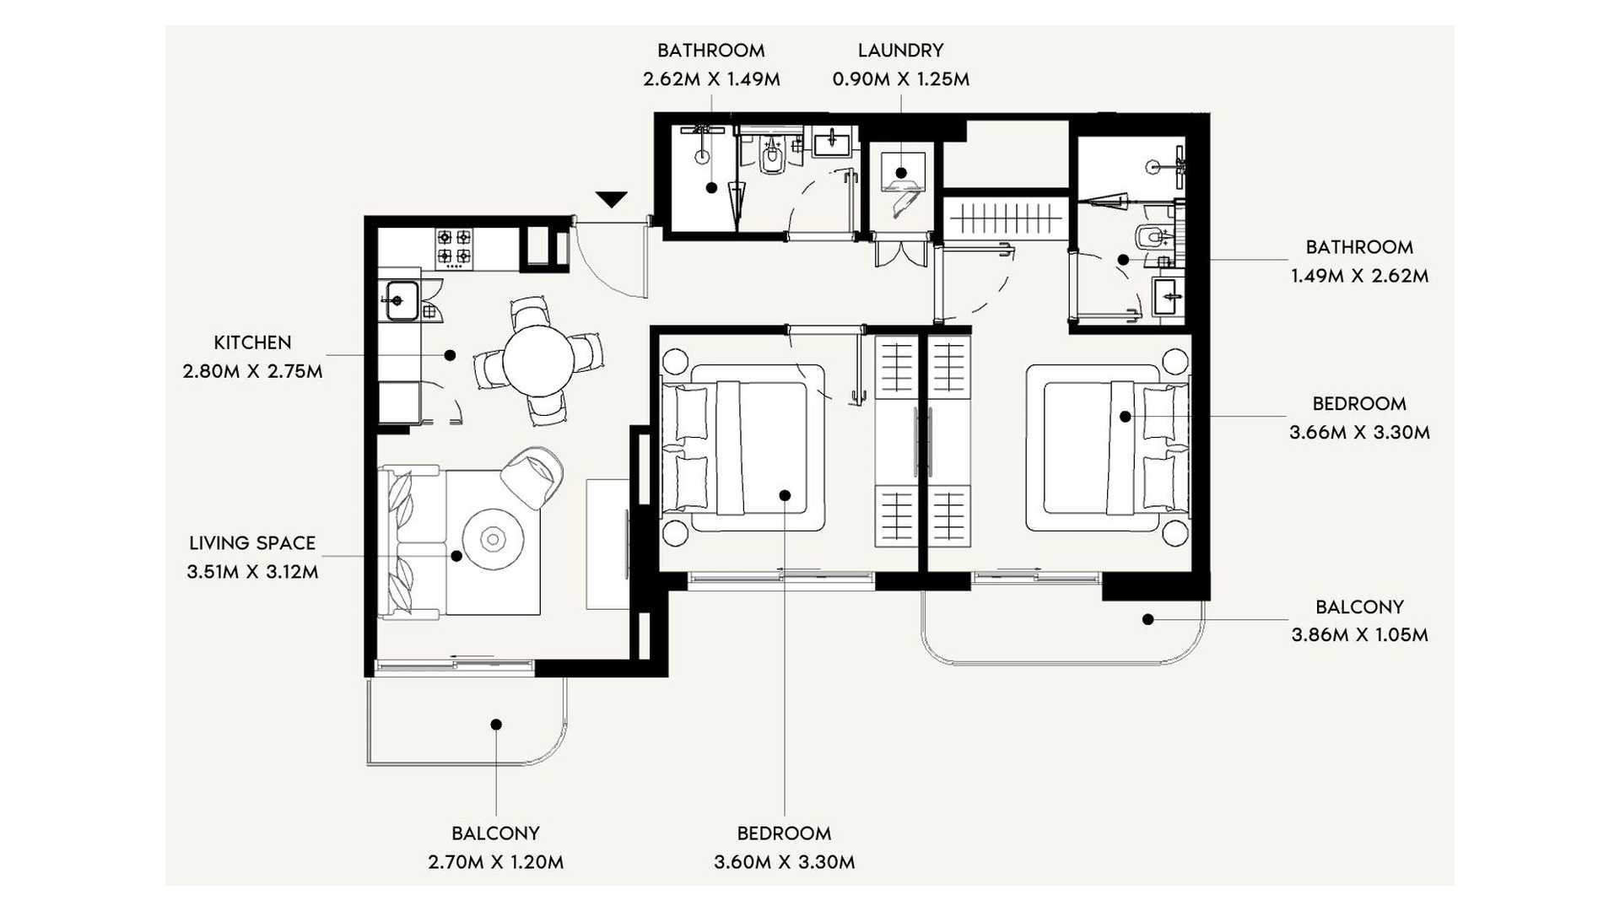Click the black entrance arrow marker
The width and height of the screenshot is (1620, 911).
tap(611, 200)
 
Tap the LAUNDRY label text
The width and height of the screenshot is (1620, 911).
tap(900, 51)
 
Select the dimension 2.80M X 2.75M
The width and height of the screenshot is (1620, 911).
tap(252, 371)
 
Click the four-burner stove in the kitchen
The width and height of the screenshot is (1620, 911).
tap(453, 247)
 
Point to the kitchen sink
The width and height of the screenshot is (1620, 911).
tap(402, 299)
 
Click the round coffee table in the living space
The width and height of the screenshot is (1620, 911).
tap(492, 538)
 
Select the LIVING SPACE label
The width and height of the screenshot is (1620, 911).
tap(252, 543)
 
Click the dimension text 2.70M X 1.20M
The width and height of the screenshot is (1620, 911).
tap(495, 862)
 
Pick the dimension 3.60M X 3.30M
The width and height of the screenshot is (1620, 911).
tap(784, 862)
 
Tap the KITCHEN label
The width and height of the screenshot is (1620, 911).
tap(252, 342)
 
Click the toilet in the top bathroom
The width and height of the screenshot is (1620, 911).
tap(771, 155)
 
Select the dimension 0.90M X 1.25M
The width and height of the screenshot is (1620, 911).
tap(900, 79)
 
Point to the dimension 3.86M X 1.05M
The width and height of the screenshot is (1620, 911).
tap(1359, 635)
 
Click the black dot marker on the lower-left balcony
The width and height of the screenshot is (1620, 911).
tap(496, 725)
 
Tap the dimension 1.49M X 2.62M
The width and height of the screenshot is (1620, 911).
tap(1359, 276)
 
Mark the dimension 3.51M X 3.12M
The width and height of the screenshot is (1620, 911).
tap(252, 572)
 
